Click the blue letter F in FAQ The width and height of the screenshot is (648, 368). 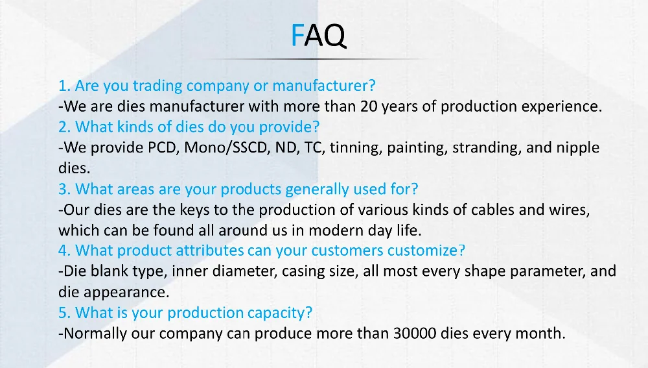click(297, 35)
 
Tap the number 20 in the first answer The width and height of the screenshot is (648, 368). click(369, 106)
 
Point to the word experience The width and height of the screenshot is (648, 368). click(561, 107)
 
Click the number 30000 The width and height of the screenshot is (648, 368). click(415, 333)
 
